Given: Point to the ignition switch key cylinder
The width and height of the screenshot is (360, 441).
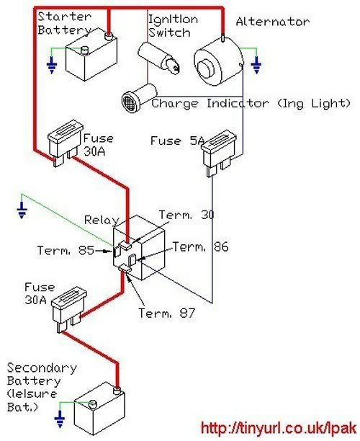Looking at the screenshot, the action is point(159,58).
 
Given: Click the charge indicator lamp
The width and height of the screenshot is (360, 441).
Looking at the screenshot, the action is point(139,98).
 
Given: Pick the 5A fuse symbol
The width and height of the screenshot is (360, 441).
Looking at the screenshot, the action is point(219,153).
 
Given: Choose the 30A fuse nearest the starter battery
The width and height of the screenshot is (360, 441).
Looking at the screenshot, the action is point(66,143).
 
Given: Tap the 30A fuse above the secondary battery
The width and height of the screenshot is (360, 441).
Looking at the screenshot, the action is point(69,309).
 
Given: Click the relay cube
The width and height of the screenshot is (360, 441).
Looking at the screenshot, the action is point(139,248).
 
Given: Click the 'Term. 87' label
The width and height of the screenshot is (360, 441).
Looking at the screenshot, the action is point(166,313).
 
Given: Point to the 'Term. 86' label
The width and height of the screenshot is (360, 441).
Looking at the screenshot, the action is point(200,246).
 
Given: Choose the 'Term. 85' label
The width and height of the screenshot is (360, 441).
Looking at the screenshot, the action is point(66,250).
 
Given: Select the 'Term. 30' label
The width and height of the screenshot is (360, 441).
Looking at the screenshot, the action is point(186,215).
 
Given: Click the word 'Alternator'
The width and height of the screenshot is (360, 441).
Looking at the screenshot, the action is point(273,22).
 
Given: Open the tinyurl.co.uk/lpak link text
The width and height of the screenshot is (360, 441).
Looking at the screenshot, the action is point(279,428).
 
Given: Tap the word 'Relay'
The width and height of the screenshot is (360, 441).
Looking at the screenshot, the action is point(102,220).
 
